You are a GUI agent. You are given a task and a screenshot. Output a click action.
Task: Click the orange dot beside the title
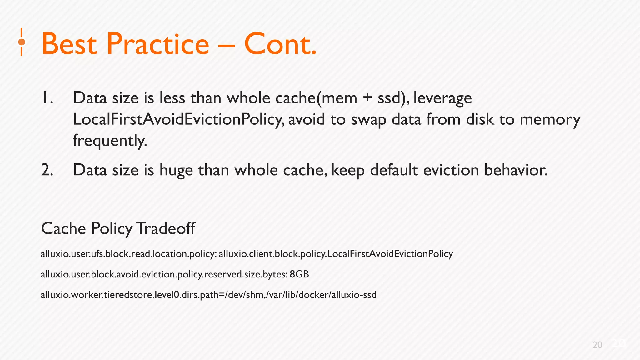(22, 42)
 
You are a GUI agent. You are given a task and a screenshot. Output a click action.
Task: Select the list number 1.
(47, 98)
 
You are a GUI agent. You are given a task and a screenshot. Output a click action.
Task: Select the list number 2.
(47, 170)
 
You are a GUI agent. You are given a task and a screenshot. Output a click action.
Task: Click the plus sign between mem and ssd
(367, 98)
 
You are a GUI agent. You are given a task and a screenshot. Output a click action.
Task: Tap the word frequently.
(110, 141)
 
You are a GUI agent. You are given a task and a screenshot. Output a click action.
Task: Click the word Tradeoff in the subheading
(166, 228)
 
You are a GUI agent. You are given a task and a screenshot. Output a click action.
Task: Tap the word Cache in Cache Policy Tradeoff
(63, 228)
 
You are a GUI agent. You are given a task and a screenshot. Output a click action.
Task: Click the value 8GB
(299, 274)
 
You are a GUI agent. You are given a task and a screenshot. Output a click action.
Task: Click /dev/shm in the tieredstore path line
(244, 295)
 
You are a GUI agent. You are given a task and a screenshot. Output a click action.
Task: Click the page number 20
(597, 345)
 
